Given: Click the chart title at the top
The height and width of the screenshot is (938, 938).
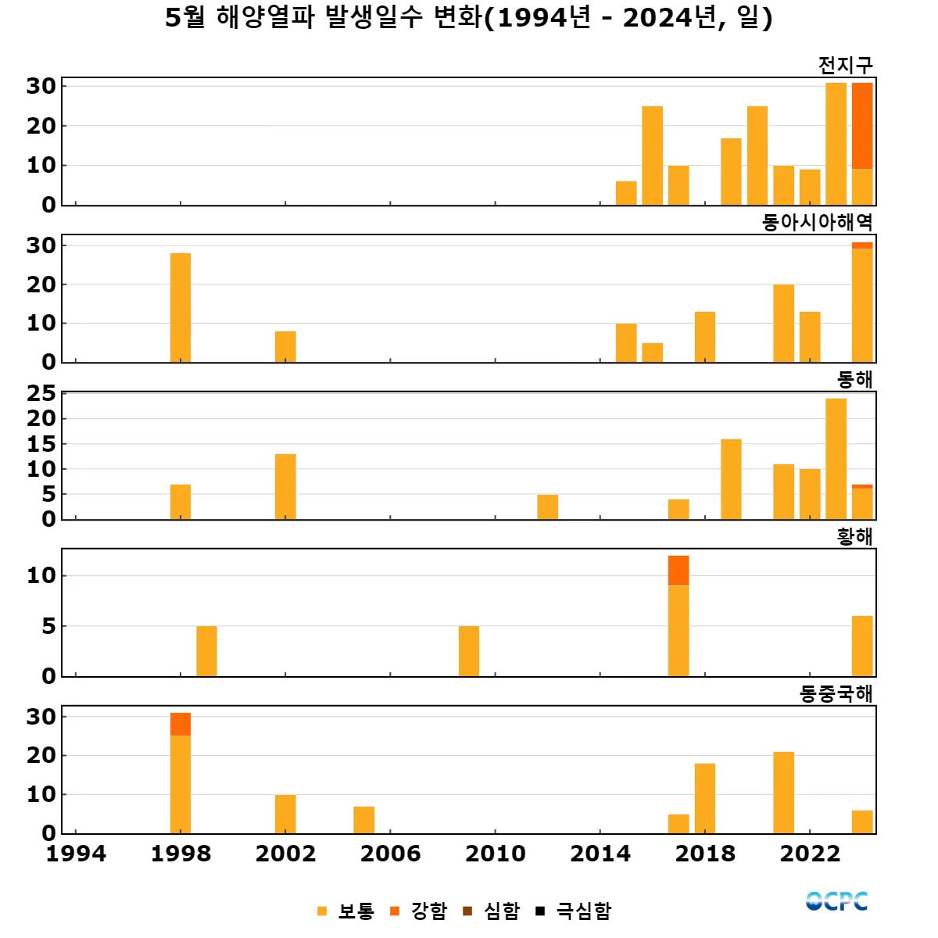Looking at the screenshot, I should tap(469, 17).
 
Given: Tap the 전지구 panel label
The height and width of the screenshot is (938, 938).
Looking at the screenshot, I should tap(845, 66).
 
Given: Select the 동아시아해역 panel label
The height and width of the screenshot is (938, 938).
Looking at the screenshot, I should tap(817, 223).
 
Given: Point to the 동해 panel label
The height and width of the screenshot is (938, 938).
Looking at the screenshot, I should tap(854, 380).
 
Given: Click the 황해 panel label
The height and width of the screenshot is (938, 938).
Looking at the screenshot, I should tap(854, 537).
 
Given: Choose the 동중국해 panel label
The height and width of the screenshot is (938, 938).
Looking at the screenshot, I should tap(836, 694).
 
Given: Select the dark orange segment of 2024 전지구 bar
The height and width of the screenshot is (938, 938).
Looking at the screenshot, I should tap(862, 125).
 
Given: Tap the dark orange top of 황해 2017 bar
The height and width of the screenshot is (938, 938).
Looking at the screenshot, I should tap(678, 571).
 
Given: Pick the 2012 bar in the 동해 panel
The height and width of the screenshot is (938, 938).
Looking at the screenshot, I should tap(548, 507).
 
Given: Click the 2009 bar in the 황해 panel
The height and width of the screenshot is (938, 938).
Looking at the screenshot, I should tap(469, 650).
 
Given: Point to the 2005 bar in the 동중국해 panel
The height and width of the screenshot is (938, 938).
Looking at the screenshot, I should tap(364, 819).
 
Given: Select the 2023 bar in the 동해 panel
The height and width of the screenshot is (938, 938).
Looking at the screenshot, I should tap(836, 458).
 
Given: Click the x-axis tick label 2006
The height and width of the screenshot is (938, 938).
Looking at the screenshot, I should tap(390, 854).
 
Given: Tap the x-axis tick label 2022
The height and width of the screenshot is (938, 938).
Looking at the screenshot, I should tap(810, 854).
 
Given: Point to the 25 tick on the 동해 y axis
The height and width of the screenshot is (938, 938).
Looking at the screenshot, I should tap(41, 394).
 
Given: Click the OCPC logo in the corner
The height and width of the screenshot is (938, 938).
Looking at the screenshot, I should tap(836, 901).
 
